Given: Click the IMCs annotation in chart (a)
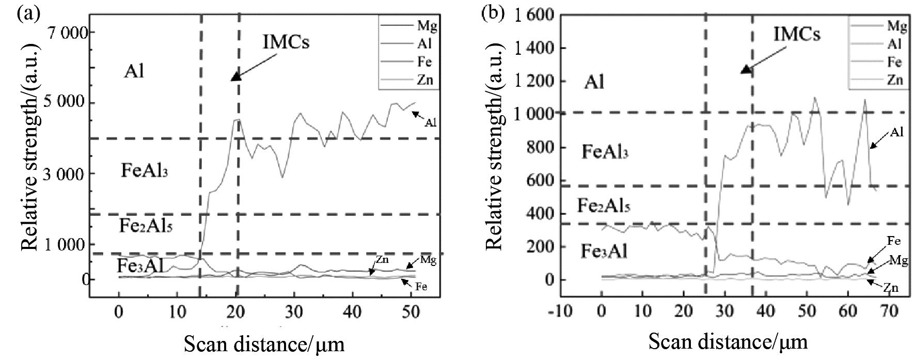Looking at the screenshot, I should click(x=286, y=42).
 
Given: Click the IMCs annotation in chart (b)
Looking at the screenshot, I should click(x=797, y=35).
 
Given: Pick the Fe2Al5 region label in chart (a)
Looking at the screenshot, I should click(x=146, y=226).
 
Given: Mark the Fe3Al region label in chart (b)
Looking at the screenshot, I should click(x=604, y=252).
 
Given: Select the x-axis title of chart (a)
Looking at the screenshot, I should click(x=264, y=343).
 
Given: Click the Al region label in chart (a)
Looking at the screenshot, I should click(x=134, y=71).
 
